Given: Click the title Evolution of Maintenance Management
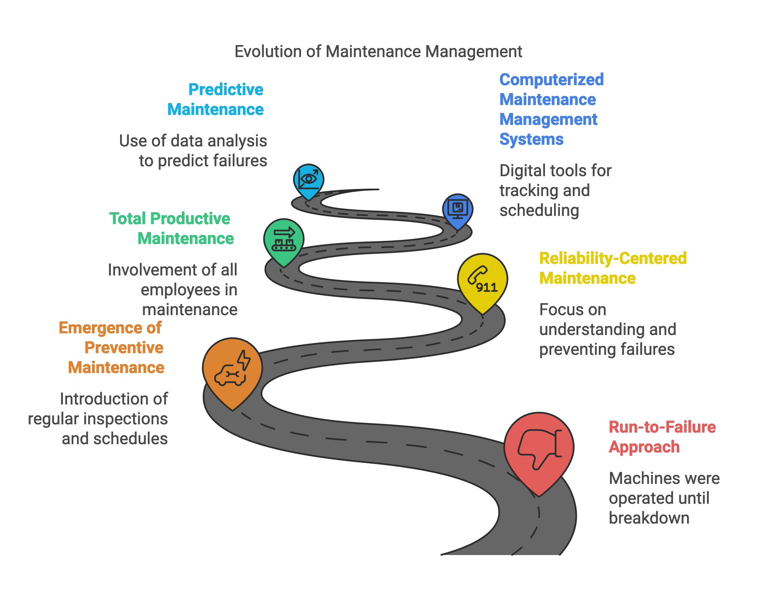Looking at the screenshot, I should (378, 52).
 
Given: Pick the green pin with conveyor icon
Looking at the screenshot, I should (284, 240).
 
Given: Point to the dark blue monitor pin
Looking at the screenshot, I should (458, 209).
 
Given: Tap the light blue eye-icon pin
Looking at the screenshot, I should (309, 180).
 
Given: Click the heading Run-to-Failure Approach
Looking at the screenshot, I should (662, 437).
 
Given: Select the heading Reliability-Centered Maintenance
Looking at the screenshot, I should (612, 268).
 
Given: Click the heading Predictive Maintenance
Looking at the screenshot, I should (216, 99).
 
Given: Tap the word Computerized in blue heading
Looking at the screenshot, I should (551, 79).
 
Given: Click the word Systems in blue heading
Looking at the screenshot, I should (531, 139).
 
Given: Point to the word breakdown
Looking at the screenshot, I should (649, 518).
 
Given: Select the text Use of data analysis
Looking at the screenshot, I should (193, 141).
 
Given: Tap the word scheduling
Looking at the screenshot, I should (539, 211).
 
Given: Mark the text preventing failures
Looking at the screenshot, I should (607, 349).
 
